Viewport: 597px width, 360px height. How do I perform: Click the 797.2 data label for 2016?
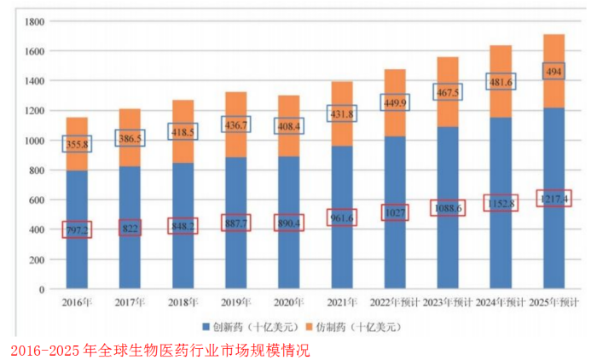pos(78,229)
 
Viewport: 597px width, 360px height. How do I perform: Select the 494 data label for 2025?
pos(554,73)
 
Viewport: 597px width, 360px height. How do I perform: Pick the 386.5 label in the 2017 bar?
pos(130,137)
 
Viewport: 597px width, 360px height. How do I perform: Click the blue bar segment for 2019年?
pos(235,256)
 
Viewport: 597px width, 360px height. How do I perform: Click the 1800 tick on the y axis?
pos(34,21)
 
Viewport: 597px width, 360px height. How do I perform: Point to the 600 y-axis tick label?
pos(37,200)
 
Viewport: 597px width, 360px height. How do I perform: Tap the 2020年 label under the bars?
pos(288,302)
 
